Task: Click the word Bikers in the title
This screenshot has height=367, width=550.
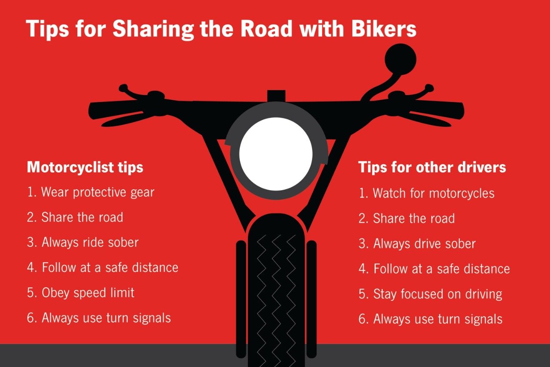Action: (384, 28)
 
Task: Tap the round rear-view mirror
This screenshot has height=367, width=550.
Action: (400, 59)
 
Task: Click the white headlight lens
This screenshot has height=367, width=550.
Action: (276, 154)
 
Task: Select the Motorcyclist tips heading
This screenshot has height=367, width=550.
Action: (85, 168)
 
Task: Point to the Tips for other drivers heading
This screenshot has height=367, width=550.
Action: (432, 167)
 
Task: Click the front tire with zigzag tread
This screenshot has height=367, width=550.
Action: (276, 290)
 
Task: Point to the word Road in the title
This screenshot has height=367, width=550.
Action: (266, 28)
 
